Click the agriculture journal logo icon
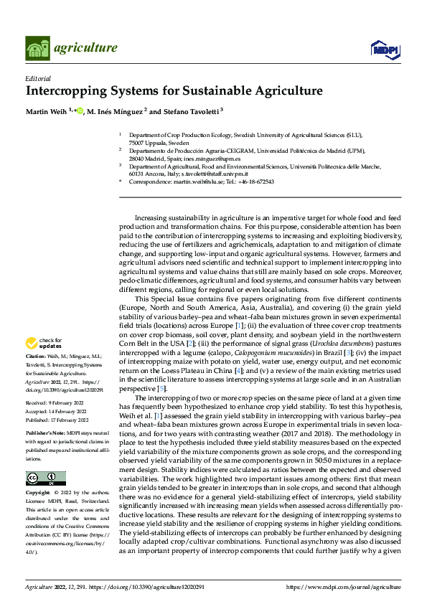pyautogui.click(x=38, y=48)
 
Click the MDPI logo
pyautogui.click(x=383, y=49)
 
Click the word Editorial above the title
pyautogui.click(x=38, y=79)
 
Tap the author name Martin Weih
pyautogui.click(x=47, y=112)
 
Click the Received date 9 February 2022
pyautogui.click(x=65, y=403)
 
